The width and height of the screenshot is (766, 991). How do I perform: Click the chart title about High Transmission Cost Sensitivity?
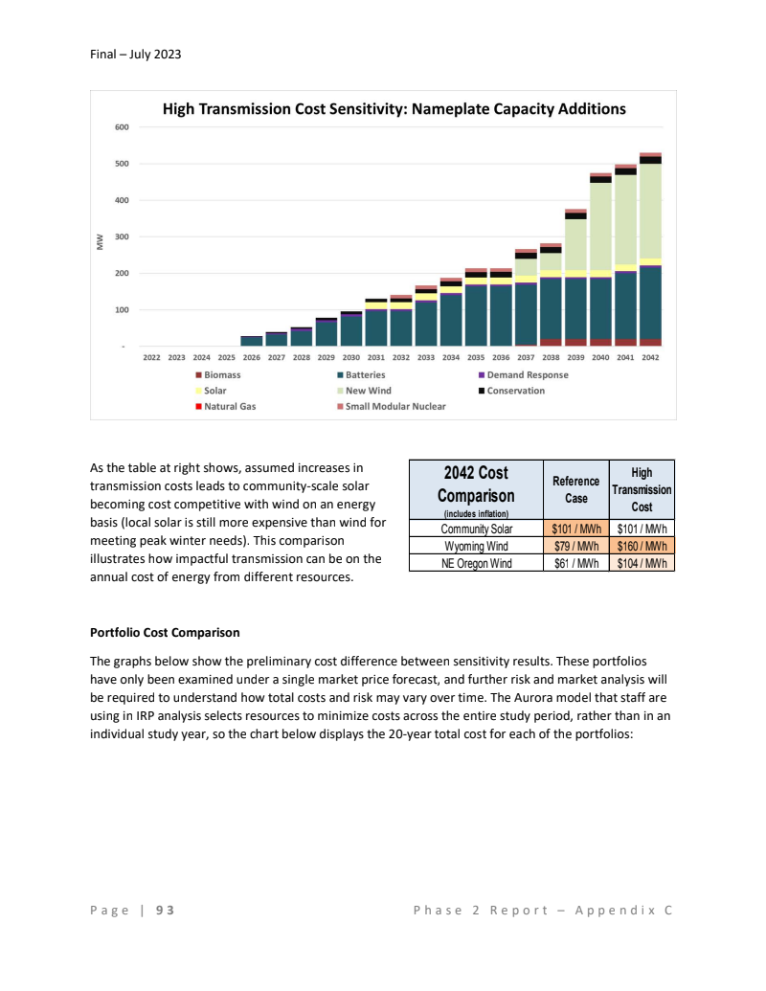click(x=394, y=109)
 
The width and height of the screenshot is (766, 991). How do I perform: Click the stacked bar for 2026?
click(x=251, y=340)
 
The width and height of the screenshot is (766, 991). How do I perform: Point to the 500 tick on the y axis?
click(x=122, y=164)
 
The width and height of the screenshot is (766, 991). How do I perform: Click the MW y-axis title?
click(x=100, y=244)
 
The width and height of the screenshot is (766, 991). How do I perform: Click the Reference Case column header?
click(x=575, y=489)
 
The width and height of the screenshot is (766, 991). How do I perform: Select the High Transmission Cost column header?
click(x=642, y=489)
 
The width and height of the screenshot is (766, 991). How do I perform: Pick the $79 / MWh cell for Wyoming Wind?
click(x=575, y=546)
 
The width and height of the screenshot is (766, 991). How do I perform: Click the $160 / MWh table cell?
click(x=642, y=546)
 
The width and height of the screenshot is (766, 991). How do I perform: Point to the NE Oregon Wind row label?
click(x=475, y=563)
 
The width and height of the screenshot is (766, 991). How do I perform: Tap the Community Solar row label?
click(x=475, y=529)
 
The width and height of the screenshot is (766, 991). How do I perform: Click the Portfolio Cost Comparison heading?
click(x=165, y=633)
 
